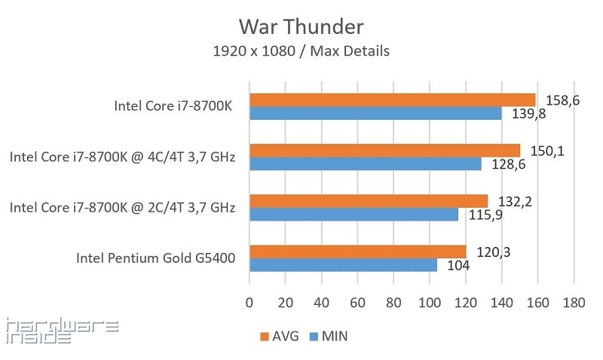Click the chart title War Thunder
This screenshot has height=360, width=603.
point(301,27)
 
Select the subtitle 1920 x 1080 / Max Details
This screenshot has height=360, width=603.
point(301,52)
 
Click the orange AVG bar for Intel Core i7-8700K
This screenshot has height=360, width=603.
point(392,99)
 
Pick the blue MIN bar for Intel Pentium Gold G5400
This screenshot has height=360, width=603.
point(343,265)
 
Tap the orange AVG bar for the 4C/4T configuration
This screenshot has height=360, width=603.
point(384,150)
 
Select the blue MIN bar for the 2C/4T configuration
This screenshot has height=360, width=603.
point(354,215)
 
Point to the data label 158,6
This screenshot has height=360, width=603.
point(564,99)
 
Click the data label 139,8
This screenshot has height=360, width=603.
point(530,114)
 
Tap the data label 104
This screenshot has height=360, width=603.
point(457,265)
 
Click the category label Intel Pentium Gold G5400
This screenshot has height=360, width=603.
point(156,258)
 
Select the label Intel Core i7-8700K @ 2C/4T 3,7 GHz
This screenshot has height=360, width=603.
point(123,207)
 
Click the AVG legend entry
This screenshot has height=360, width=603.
point(280,336)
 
